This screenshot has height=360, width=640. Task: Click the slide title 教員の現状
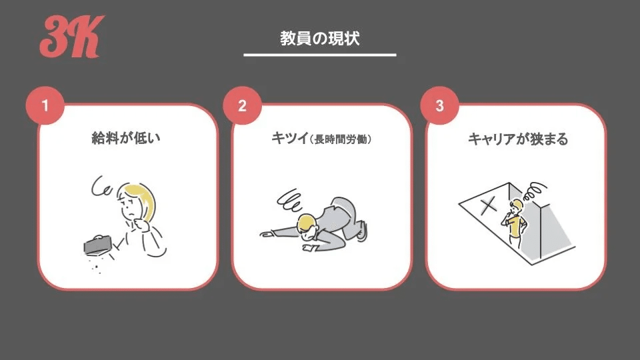pos(319,38)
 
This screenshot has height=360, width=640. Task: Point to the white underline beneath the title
pos(319,55)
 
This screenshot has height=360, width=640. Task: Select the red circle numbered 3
pos(438,106)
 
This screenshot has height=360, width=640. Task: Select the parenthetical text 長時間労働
pos(341,140)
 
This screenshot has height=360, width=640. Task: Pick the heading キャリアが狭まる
pos(517,139)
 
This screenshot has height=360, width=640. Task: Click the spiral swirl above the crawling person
pos(291,200)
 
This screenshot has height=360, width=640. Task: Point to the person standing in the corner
pos(515,220)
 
